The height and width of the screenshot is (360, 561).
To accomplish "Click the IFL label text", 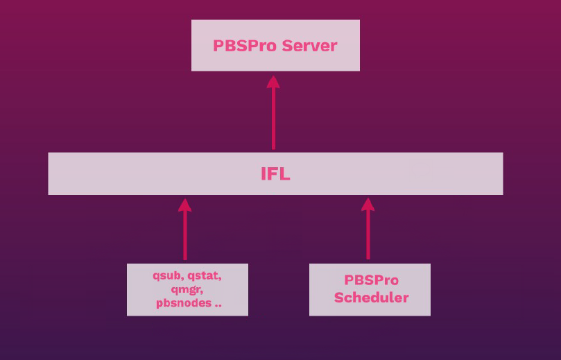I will pos(275,174).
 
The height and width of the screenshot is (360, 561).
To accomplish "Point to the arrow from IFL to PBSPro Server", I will pos(273,118).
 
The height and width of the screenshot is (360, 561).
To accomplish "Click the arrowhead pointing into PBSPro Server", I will pos(273,81).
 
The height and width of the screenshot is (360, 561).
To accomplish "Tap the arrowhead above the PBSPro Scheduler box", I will pos(368,204).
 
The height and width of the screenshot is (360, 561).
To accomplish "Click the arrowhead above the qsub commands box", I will pos(184,204).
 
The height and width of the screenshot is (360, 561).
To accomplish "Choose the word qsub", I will pos(167,275).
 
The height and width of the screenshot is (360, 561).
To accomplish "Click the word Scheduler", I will pos(371,298).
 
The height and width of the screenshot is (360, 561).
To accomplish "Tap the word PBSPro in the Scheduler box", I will pos(371,281).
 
